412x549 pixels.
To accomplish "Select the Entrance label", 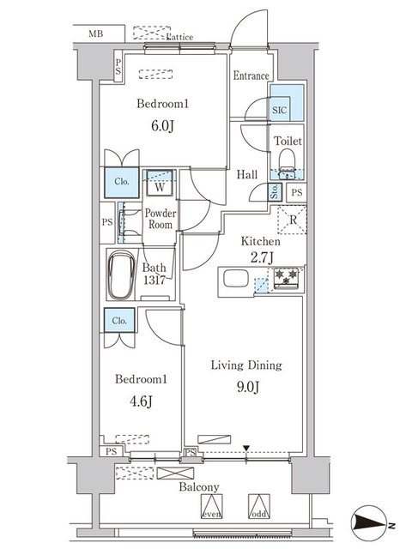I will point(251,75).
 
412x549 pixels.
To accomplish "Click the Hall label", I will point(248,175).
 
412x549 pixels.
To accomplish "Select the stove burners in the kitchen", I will point(286,277).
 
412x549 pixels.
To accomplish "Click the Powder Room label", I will point(160,219).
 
